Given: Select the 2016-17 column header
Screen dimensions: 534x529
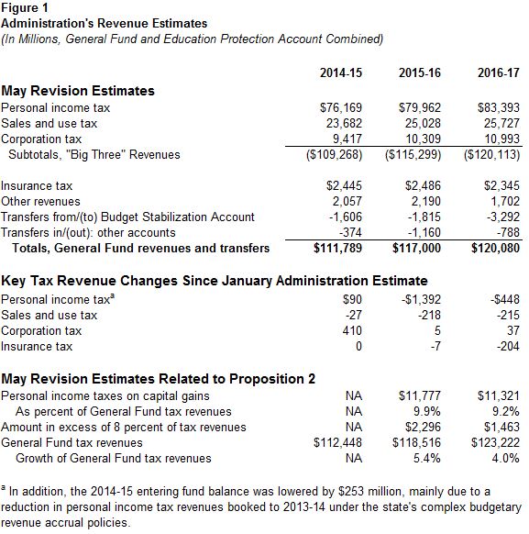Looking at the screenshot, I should (x=499, y=72).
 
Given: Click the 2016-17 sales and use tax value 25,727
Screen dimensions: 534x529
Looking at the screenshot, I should (x=501, y=124).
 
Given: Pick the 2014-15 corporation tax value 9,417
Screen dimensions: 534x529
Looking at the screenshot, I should (x=344, y=139).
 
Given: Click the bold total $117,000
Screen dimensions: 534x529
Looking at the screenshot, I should (x=419, y=248).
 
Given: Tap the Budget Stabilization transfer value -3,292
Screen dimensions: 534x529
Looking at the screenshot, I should (x=502, y=217).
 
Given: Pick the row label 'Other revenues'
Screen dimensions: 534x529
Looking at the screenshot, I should (x=40, y=201).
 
